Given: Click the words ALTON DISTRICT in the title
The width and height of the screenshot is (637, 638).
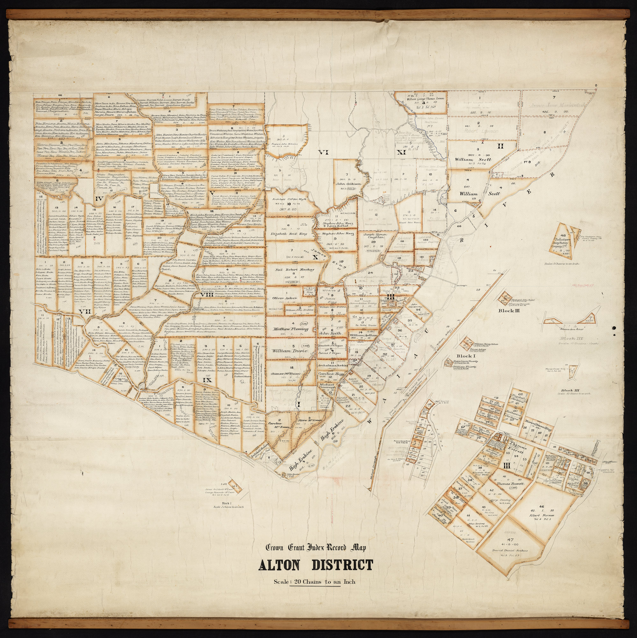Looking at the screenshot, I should (x=315, y=566).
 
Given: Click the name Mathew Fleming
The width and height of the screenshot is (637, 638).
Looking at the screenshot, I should (x=290, y=329).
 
